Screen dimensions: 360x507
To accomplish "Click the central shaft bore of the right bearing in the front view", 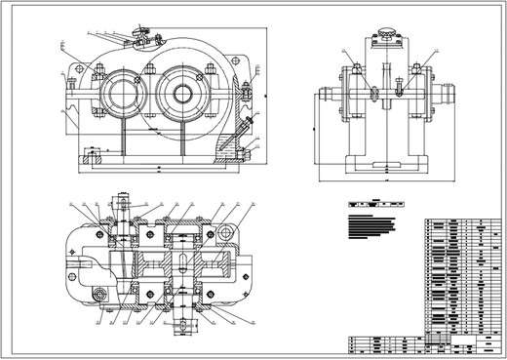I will click(182, 94).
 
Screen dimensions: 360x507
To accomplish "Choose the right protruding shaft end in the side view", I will click(451, 97).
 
